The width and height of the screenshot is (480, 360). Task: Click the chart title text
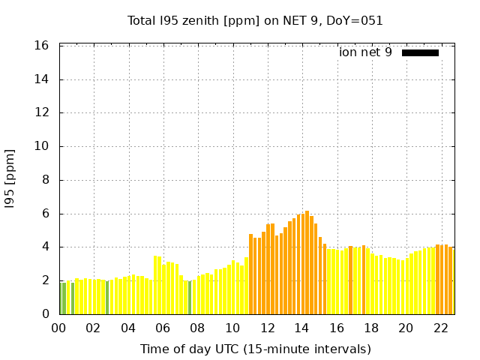[255, 20]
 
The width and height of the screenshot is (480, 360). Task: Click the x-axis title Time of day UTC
[255, 349]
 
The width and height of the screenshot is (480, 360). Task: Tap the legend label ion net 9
[365, 52]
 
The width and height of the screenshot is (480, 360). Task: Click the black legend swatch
[420, 52]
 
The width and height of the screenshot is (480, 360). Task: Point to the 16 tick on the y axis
[42, 46]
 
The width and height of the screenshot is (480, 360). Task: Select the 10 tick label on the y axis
[42, 146]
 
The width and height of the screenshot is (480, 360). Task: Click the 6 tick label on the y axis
[45, 214]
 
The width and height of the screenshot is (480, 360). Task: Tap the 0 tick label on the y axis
[45, 314]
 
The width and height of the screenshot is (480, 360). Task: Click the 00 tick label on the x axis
[58, 328]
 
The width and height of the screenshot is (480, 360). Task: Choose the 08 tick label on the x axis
[197, 328]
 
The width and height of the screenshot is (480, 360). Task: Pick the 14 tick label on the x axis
[301, 328]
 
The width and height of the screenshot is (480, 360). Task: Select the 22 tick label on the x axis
[440, 328]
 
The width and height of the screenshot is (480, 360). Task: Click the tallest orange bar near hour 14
[307, 262]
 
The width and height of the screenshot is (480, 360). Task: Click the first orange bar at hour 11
[251, 274]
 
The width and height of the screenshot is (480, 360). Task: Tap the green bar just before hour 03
[107, 298]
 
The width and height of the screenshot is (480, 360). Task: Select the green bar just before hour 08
[190, 298]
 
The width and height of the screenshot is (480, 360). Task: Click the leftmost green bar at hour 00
[61, 298]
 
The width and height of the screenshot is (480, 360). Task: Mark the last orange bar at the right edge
[451, 280]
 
